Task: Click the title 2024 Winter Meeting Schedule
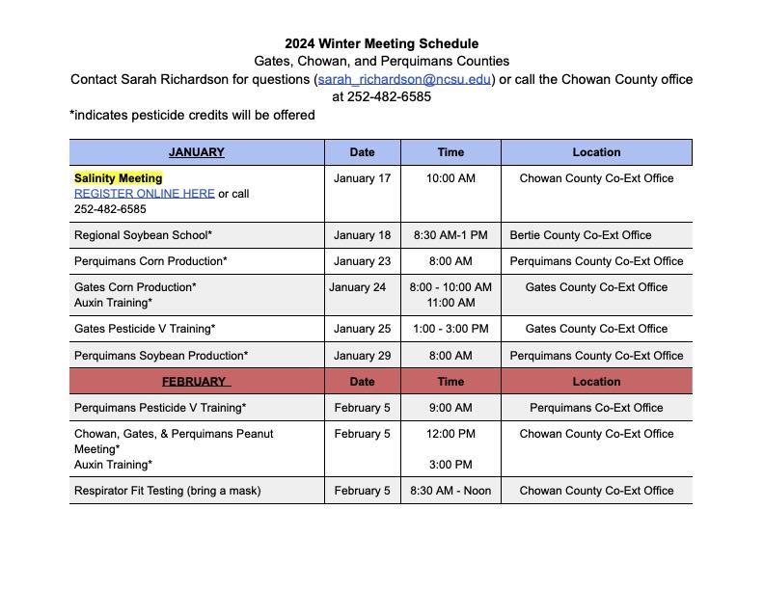click(381, 43)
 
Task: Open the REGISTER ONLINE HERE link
click(145, 193)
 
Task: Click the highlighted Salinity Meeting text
click(119, 178)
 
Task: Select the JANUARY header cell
click(196, 152)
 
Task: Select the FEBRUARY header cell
click(196, 382)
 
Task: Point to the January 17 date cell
click(363, 178)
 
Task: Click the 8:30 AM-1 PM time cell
click(450, 235)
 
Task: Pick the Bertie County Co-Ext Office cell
click(581, 235)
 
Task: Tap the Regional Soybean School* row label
click(143, 235)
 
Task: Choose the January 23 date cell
click(363, 261)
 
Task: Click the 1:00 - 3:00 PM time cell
click(450, 329)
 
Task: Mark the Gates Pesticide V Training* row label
click(145, 329)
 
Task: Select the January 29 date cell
click(363, 356)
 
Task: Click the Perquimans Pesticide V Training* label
click(160, 408)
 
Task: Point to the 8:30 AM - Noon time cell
click(450, 491)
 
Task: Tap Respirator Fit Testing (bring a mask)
click(168, 491)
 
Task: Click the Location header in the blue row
click(596, 152)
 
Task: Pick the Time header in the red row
click(450, 382)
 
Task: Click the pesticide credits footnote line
click(193, 115)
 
